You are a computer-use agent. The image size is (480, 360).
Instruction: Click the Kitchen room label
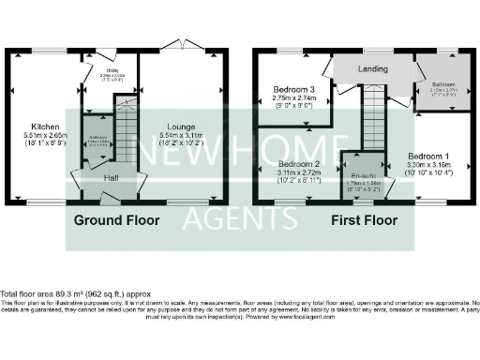pos(45,127)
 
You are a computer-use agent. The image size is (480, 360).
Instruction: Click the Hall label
pos(110,177)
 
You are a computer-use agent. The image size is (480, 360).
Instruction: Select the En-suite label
pos(362,174)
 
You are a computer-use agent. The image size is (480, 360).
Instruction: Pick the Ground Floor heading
pos(118,221)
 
